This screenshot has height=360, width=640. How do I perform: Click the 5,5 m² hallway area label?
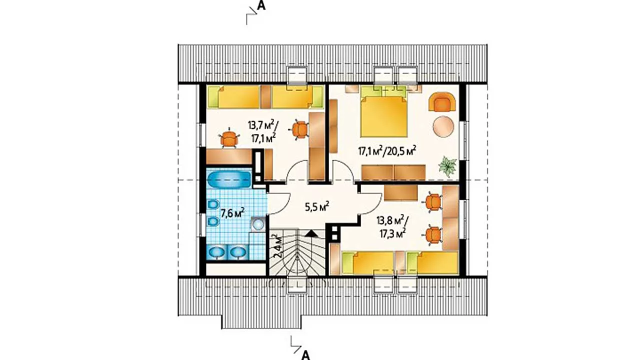pyautogui.click(x=317, y=206)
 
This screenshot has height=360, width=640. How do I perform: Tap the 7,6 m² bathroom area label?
pyautogui.click(x=232, y=213)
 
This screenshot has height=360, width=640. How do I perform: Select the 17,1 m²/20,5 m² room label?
pyautogui.click(x=387, y=151)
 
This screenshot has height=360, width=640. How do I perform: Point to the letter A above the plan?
pyautogui.click(x=261, y=6)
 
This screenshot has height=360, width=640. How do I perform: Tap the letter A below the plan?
pyautogui.click(x=305, y=355)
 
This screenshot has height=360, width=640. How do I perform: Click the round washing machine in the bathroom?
pyautogui.click(x=258, y=224)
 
